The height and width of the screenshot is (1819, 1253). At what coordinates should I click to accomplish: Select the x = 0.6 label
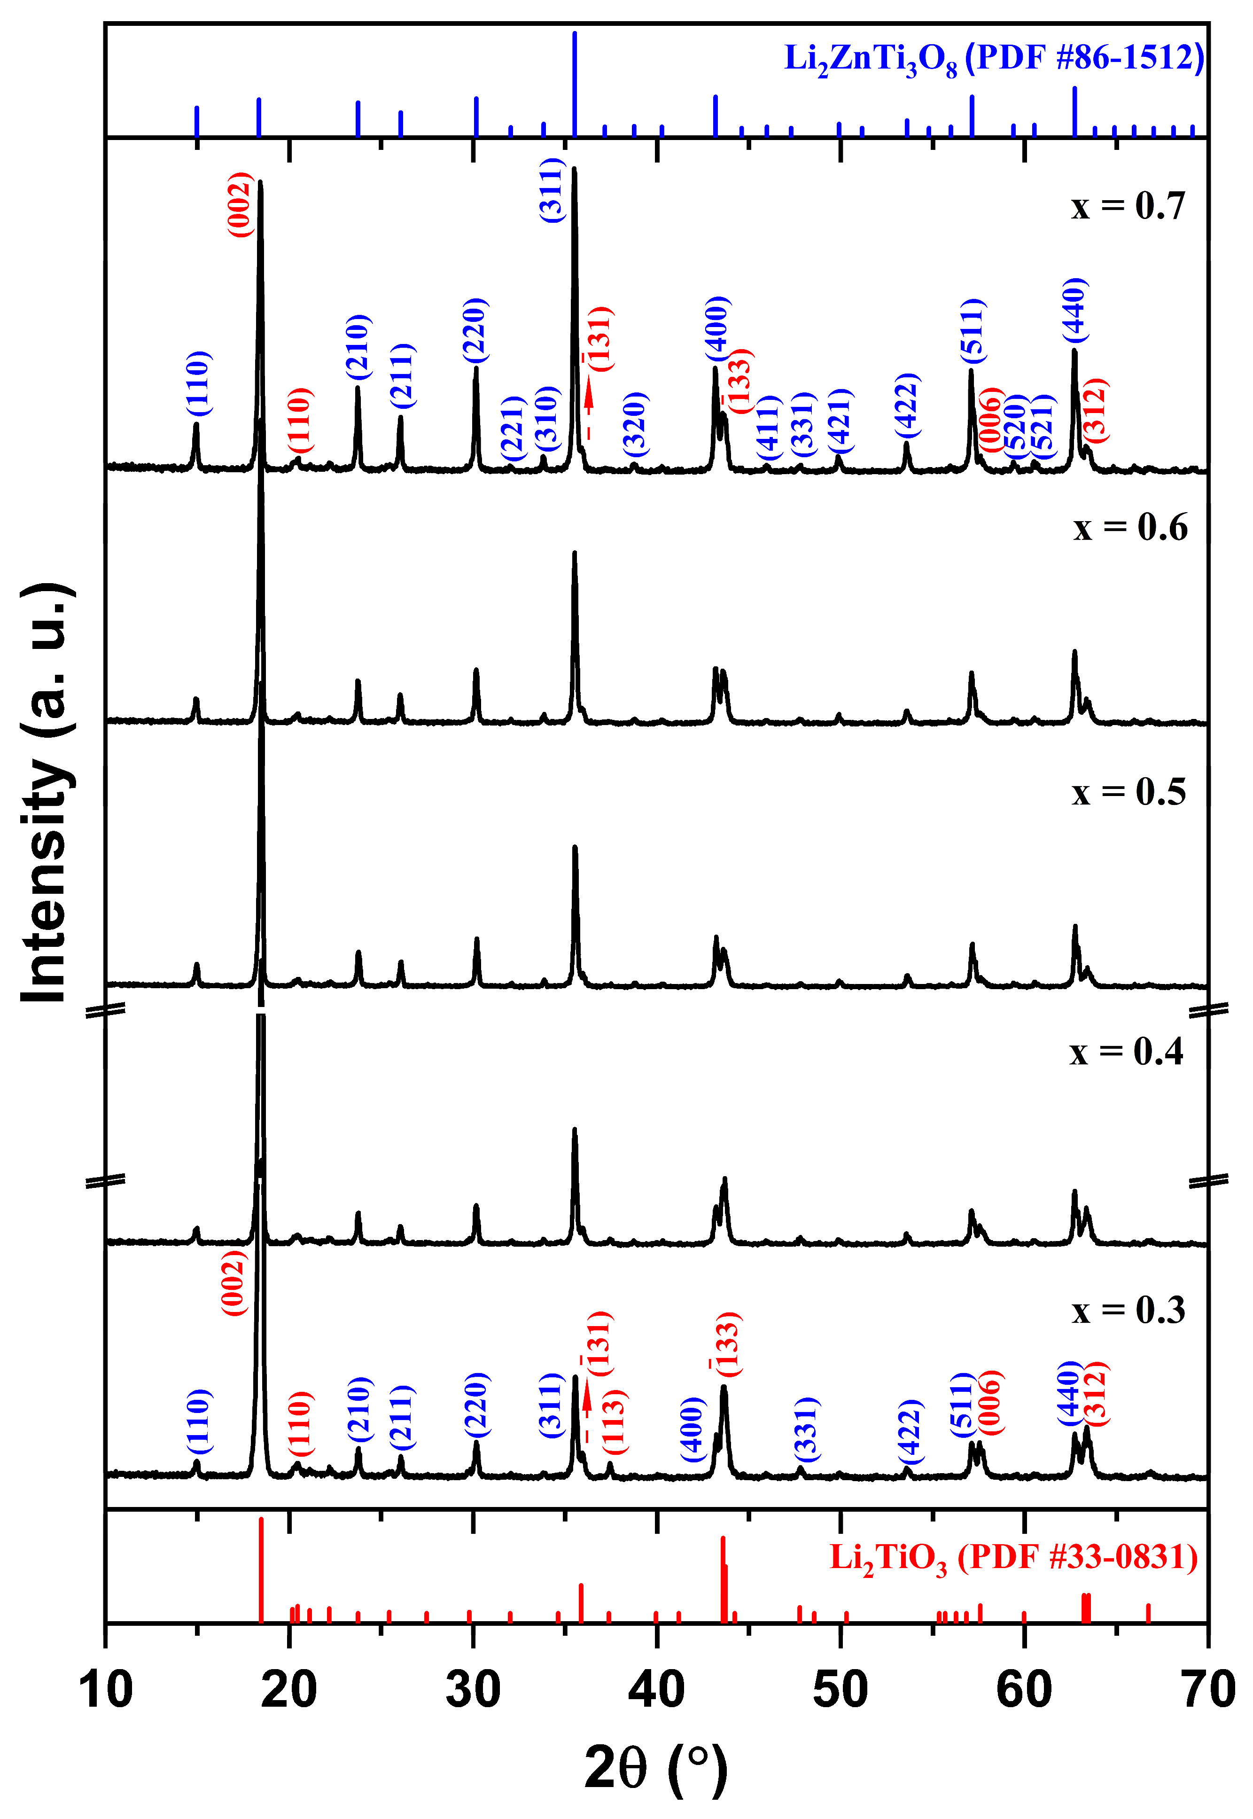pyautogui.click(x=1130, y=528)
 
